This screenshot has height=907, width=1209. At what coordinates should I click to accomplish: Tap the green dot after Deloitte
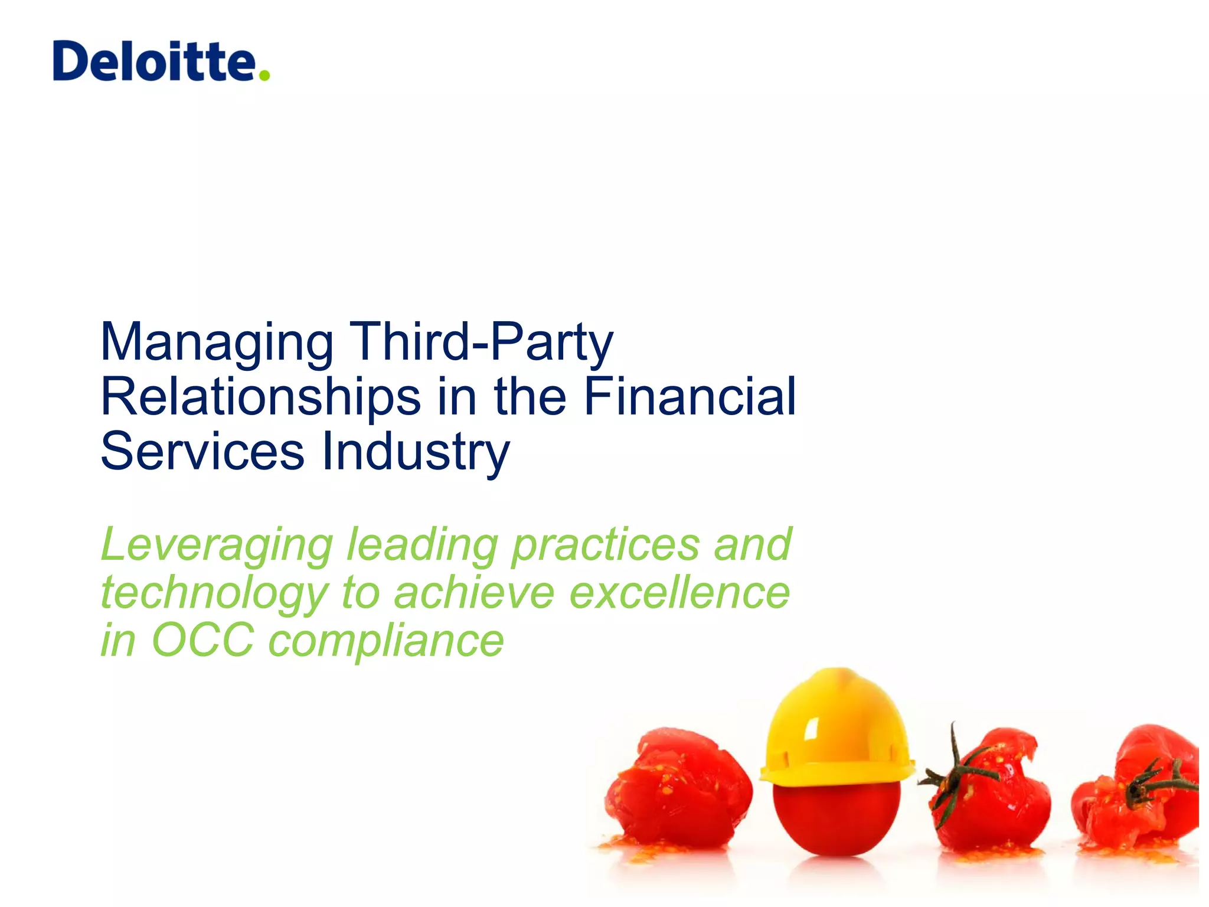coord(264,74)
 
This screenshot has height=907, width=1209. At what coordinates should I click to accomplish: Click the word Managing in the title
coord(217,343)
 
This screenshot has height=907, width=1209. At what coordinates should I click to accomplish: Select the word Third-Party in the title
coord(482,342)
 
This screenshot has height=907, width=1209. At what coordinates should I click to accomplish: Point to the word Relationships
coord(260,397)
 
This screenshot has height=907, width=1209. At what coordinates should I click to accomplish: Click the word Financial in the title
coord(690,396)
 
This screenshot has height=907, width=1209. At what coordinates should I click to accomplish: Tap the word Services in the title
coord(202,452)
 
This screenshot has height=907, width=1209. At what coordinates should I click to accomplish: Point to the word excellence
coord(679,593)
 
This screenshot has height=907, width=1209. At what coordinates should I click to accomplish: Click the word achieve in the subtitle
coord(473,593)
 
